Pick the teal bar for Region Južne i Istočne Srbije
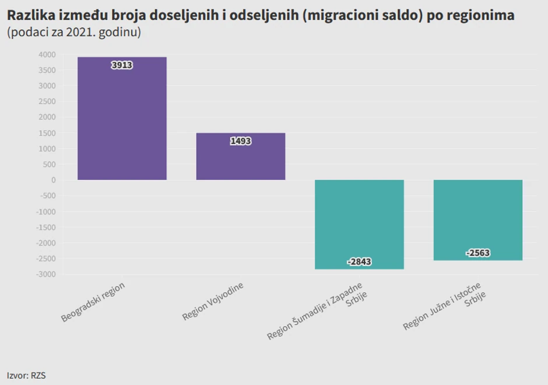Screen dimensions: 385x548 tap(478, 216)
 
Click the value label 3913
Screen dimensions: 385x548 tap(122, 65)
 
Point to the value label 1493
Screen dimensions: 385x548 tap(240, 141)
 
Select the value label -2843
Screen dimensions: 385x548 tap(359, 262)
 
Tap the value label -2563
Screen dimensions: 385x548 tap(478, 253)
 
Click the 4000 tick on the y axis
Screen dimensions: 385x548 tap(47, 55)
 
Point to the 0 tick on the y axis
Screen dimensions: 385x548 tap(53, 180)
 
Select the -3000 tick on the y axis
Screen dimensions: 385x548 tap(46, 274)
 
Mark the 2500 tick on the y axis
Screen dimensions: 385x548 tap(47, 101)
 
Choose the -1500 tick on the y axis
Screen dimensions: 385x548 tap(46, 228)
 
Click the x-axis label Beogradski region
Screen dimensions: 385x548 tap(93, 302)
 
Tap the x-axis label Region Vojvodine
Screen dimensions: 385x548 tap(213, 302)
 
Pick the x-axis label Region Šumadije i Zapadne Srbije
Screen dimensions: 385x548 tap(318, 310)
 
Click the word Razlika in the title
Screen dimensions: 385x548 tap(30, 15)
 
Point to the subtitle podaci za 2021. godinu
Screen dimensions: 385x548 tap(74, 33)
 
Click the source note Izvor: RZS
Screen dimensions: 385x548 tap(26, 375)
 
